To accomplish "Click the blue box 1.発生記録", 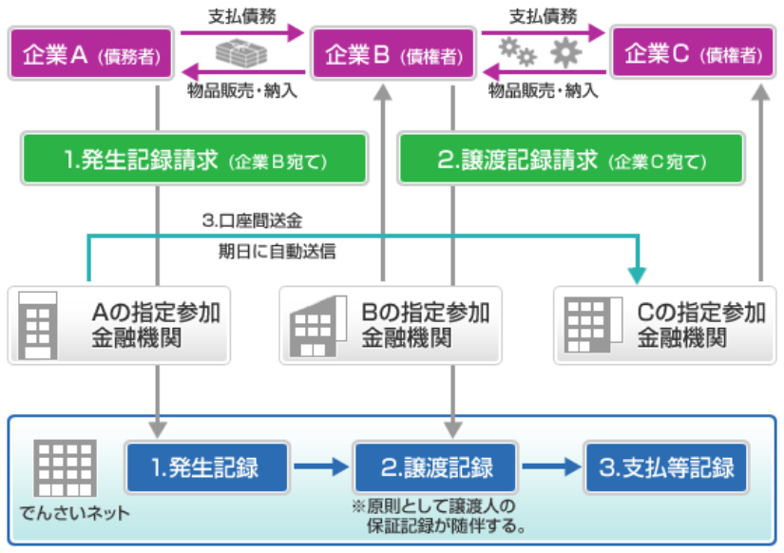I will click(206, 467).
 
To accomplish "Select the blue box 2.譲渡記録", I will click(436, 467).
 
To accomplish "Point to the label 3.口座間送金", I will click(252, 219).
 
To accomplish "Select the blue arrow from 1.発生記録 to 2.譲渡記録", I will click(320, 467).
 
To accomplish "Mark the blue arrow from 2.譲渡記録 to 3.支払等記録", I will click(551, 467).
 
